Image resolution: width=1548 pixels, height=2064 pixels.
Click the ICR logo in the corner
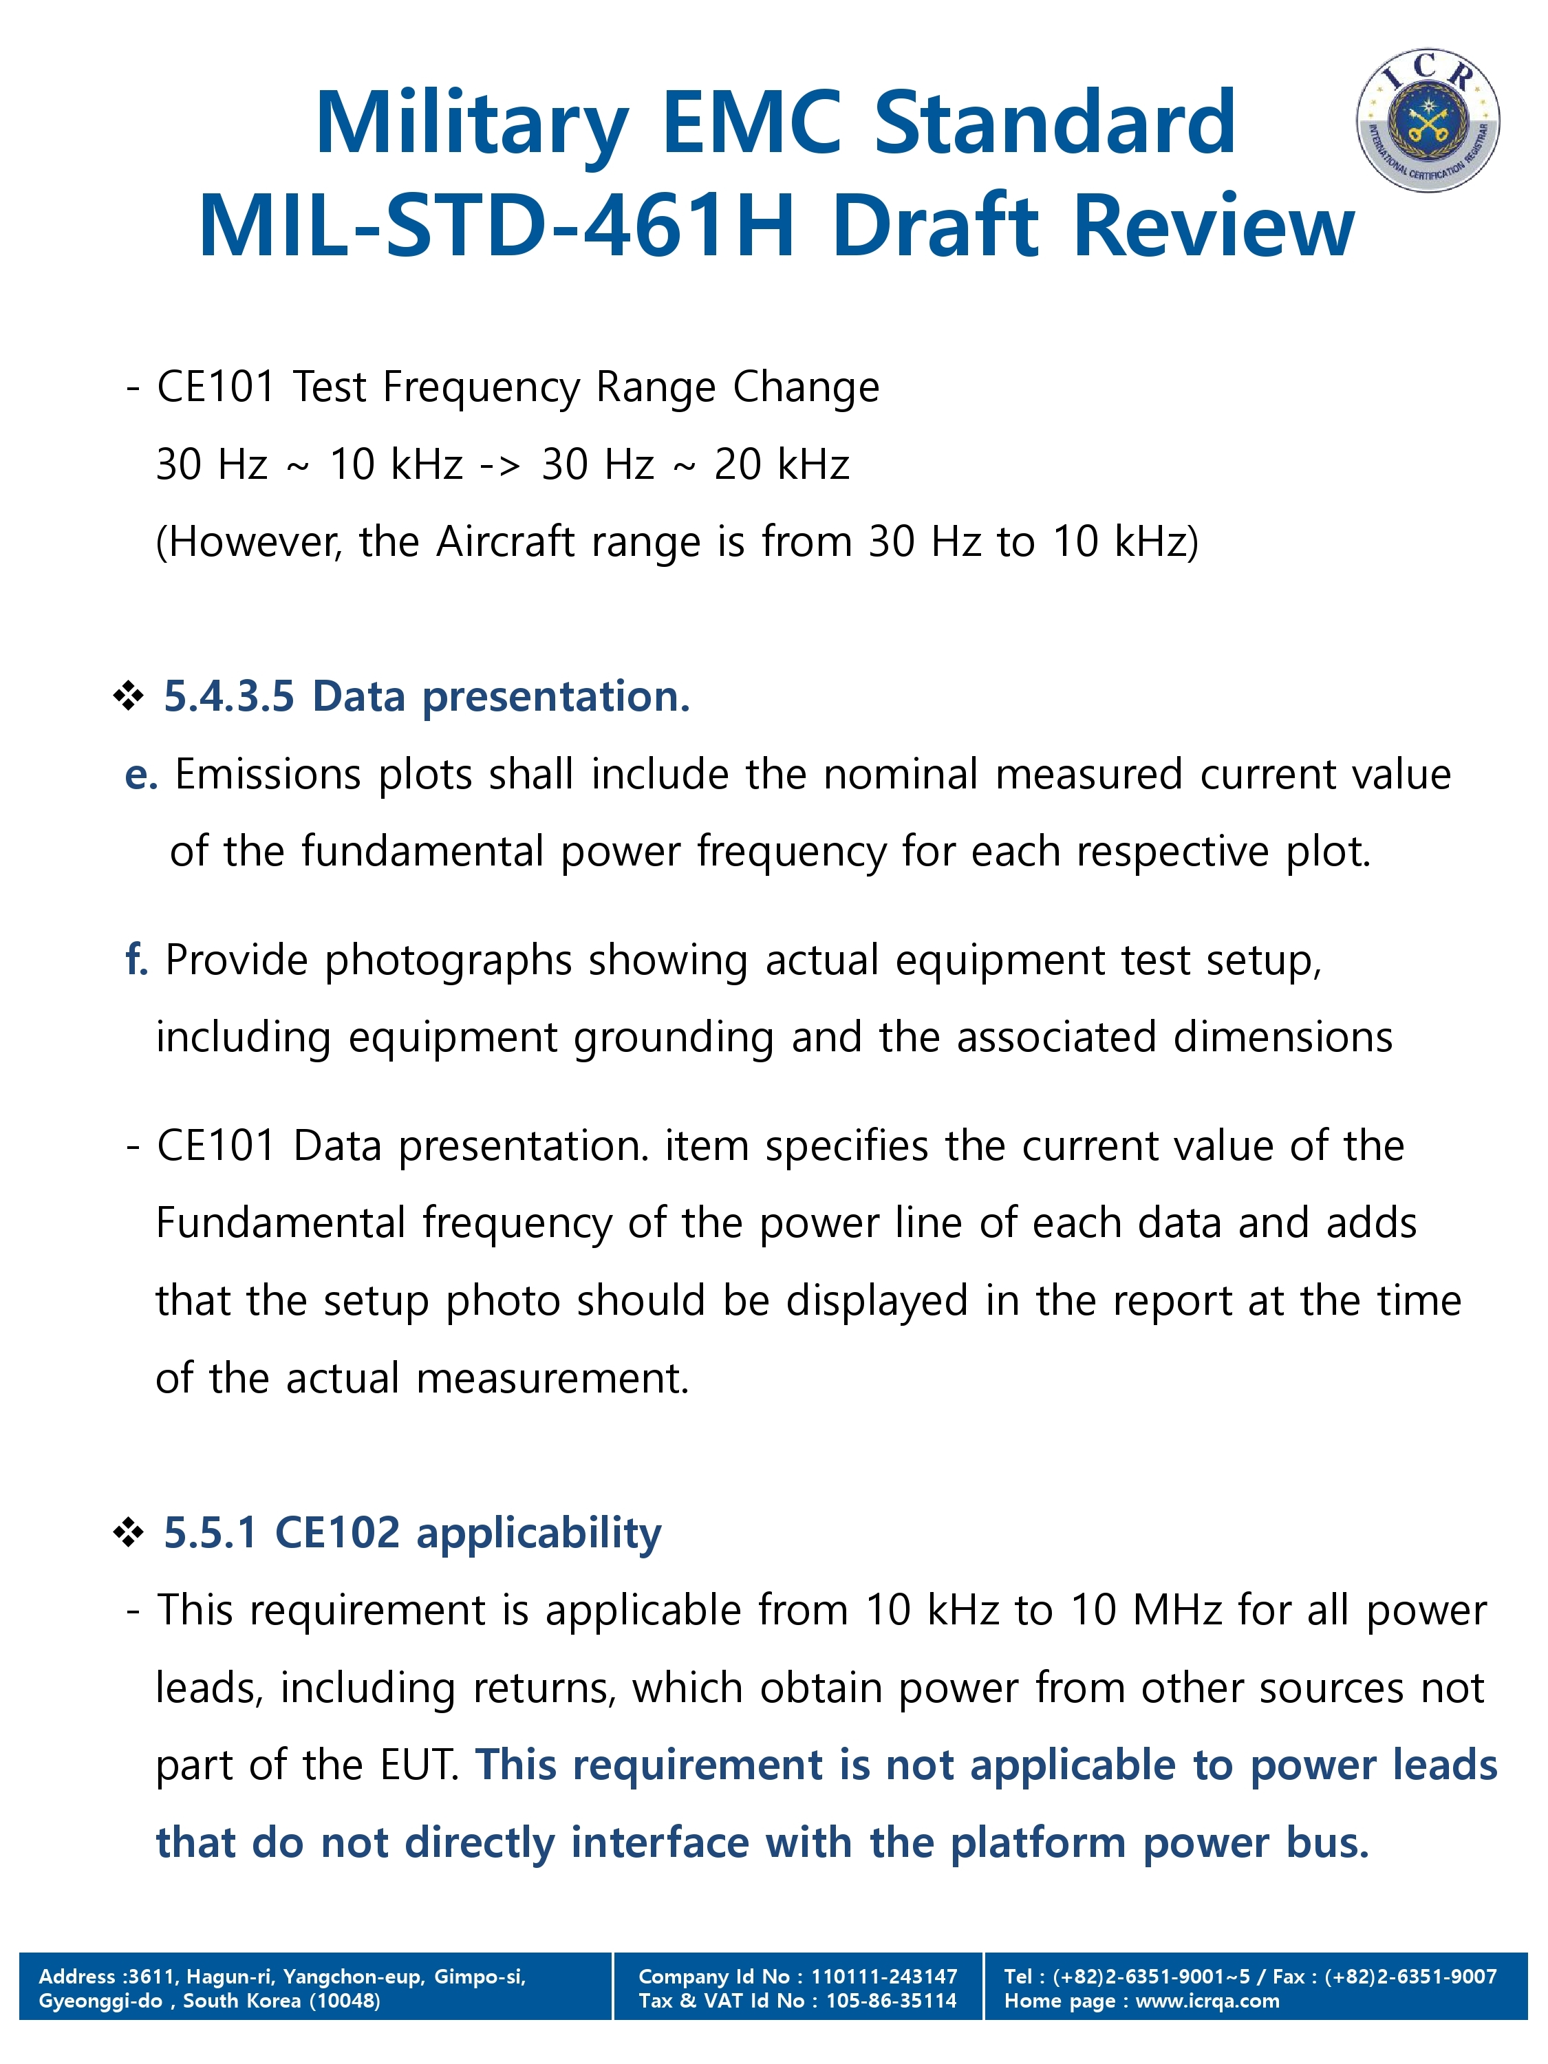[1427, 120]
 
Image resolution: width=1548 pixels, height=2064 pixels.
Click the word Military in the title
[471, 124]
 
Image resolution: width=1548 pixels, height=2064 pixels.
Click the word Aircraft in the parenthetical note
[505, 542]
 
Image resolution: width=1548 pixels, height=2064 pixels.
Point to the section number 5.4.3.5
[228, 697]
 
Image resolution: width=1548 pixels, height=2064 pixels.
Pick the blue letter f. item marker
[136, 960]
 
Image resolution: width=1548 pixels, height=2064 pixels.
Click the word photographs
[447, 961]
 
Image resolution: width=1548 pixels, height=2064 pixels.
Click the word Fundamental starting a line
[280, 1223]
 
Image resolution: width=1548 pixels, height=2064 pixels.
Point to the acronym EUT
[419, 1765]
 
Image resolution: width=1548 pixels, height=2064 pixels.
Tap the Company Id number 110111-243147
[883, 1975]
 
